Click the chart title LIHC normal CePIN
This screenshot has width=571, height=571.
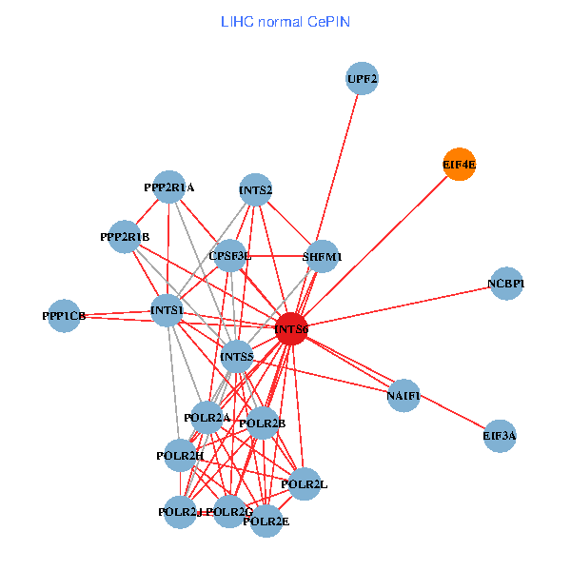coord(285,20)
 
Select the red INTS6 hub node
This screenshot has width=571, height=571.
coord(291,328)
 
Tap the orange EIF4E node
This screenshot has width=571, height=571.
coord(460,165)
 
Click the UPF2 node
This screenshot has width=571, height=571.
coord(363,79)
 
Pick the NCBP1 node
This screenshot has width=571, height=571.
coord(506,284)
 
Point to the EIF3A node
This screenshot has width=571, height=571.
coord(500,436)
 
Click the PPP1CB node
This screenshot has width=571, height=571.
coord(65,316)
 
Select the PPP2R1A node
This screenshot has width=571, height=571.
coord(169,188)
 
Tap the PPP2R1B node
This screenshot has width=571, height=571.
coord(125,236)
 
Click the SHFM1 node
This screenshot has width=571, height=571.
coord(323,256)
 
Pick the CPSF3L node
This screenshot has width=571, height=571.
coord(230,256)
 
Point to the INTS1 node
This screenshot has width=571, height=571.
coord(167,310)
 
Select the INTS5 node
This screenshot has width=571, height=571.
coord(236,358)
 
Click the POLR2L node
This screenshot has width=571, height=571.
coord(305,484)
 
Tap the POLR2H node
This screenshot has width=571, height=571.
coord(181,456)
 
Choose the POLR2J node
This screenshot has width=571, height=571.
coord(181,512)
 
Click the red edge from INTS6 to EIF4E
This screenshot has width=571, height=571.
coord(381,242)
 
